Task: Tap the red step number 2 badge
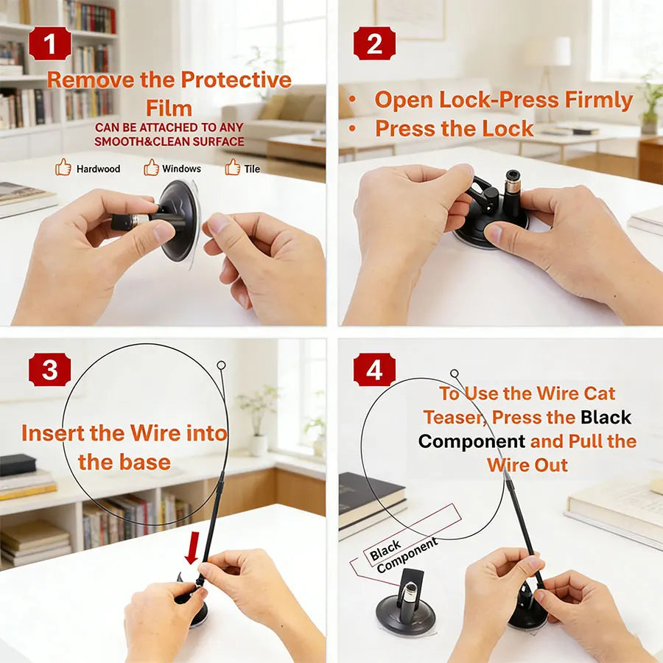[374, 44]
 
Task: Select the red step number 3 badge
[49, 370]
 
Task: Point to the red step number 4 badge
[374, 370]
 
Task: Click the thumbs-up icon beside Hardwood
[63, 168]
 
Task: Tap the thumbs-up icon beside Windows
[152, 168]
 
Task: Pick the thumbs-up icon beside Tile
[233, 168]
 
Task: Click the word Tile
[252, 169]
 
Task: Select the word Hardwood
[98, 169]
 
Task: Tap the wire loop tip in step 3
[221, 365]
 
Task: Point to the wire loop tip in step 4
[455, 374]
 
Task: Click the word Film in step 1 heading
[169, 108]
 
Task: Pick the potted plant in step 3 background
[258, 420]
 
